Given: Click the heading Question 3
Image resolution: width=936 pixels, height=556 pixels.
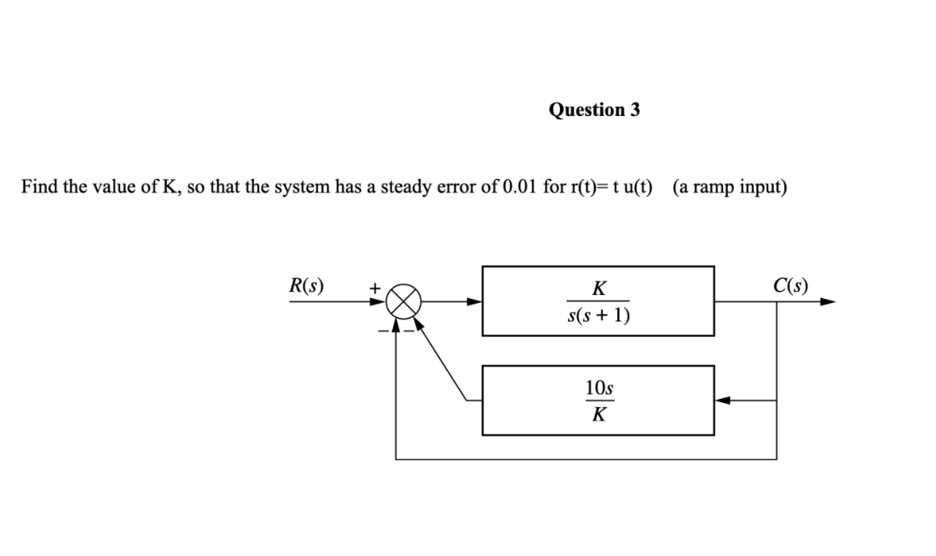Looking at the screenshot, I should (594, 110).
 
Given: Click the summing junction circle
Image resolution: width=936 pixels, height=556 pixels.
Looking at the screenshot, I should (403, 304).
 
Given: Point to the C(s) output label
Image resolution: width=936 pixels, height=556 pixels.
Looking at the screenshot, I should (790, 284).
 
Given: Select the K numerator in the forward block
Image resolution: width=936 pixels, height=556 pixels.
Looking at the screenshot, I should (598, 288).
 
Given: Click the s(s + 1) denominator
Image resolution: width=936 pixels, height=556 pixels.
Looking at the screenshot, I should (598, 314).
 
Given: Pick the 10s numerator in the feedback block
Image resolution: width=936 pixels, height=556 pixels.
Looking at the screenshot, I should (598, 388).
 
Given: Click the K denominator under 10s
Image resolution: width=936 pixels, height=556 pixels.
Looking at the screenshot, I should (598, 415).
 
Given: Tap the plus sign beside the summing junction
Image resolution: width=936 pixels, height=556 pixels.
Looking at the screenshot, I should (374, 286).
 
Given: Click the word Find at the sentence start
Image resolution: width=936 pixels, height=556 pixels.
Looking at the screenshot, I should (38, 188).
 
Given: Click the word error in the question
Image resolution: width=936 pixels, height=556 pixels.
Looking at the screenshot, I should (458, 188).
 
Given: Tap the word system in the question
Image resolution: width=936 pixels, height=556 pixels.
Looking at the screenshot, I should (303, 188).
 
